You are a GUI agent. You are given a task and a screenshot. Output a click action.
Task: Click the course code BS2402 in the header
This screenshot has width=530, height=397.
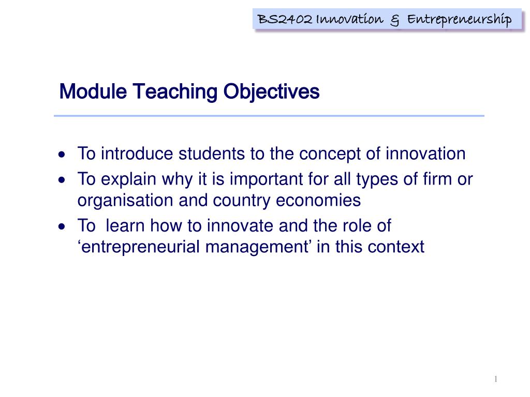coord(285,19)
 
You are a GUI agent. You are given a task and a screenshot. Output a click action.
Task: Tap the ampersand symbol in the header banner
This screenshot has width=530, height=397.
coord(394,21)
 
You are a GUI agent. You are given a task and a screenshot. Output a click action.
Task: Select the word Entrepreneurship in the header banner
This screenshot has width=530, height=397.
coord(459,20)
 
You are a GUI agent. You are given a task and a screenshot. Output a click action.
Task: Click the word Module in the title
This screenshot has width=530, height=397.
coord(93,91)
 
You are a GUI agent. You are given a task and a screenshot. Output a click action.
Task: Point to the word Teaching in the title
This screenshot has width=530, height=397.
coord(175,92)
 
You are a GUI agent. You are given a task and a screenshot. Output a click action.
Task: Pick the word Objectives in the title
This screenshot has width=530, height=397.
coord(271,92)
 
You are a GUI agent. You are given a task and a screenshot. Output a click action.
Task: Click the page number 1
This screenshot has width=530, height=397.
coord(496,379)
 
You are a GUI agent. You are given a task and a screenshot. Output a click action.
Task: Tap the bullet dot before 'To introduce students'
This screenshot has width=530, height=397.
coord(62,155)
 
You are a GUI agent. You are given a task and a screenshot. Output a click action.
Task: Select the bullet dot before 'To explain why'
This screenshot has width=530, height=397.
coord(62,180)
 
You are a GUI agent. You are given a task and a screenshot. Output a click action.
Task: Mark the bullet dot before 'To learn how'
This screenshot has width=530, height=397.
coord(62,226)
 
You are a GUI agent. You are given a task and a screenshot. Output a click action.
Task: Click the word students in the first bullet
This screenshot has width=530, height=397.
coord(212,154)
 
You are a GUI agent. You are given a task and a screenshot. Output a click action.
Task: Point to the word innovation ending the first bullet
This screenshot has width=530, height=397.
coord(425,154)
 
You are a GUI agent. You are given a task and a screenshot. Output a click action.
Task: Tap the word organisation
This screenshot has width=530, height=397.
coord(125,201)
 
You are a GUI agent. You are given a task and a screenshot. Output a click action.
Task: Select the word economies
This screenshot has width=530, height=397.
coord(318,201)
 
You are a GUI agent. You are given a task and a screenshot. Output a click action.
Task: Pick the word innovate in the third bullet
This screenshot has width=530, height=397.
coord(240,225)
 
